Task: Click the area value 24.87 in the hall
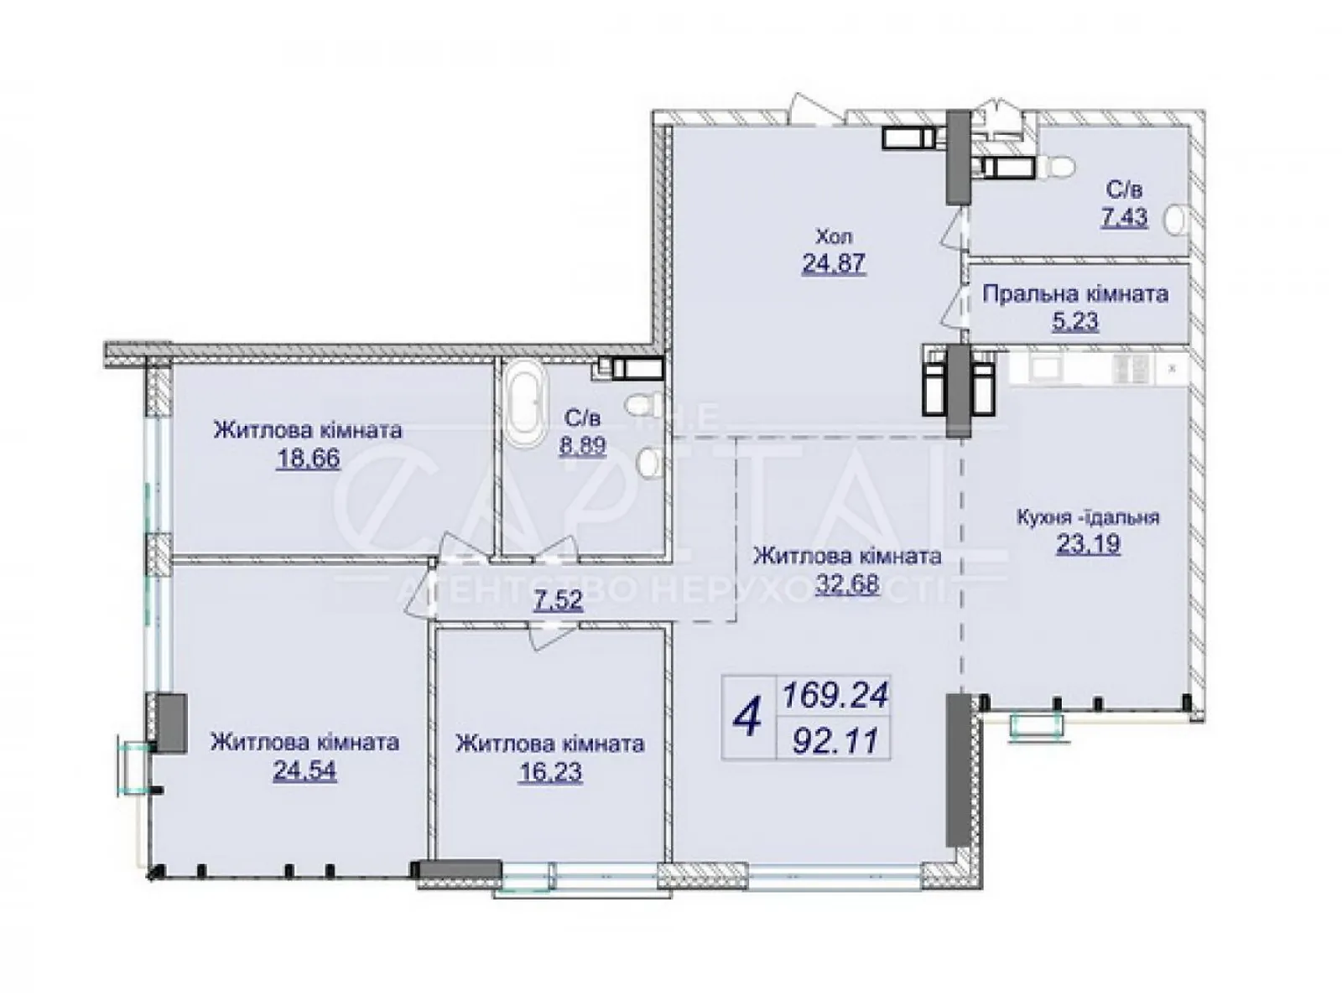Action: (x=834, y=263)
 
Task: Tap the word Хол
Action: (x=834, y=236)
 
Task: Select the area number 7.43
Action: (x=1124, y=217)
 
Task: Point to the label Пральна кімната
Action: (x=1075, y=293)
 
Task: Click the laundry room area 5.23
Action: (x=1074, y=321)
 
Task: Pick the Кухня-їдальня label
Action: (x=1088, y=517)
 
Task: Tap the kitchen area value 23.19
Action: (x=1088, y=543)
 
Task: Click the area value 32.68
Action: (x=847, y=584)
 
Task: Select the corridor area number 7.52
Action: (x=559, y=601)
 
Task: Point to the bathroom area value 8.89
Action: (x=582, y=444)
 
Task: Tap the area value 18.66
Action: (x=308, y=458)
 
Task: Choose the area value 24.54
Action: (x=304, y=770)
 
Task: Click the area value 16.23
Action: (x=550, y=773)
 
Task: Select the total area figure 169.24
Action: (x=835, y=695)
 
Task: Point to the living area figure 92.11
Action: (x=835, y=742)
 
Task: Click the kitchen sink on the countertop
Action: (x=1043, y=368)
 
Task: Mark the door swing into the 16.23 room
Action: (x=549, y=635)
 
